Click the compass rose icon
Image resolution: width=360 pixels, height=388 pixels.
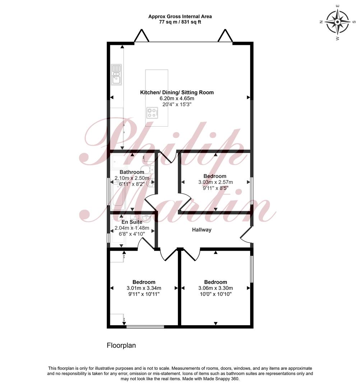tap(337, 22)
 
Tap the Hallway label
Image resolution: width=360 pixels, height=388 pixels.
tap(202, 230)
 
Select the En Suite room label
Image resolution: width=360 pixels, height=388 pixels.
tap(132, 222)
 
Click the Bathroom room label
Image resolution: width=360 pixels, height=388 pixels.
tap(132, 172)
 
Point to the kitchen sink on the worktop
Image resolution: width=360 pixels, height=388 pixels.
tap(116, 74)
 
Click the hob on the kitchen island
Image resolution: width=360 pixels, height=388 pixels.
tap(152, 113)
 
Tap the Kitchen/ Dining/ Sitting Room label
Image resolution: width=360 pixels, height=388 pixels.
tap(177, 93)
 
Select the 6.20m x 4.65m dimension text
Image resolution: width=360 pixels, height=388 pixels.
tap(177, 98)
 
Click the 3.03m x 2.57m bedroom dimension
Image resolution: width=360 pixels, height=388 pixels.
tap(216, 182)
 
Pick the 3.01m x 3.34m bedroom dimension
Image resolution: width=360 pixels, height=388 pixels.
tap(144, 288)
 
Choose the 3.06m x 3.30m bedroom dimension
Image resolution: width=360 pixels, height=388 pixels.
tap(216, 288)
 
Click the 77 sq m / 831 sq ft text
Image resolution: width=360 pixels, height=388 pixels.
tap(180, 22)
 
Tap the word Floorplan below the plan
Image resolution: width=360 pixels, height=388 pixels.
tap(121, 346)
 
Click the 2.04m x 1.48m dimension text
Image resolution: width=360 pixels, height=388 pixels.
tap(132, 228)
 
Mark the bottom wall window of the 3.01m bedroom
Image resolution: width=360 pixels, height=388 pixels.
tap(145, 327)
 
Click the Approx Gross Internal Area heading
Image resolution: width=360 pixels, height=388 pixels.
tap(180, 17)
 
